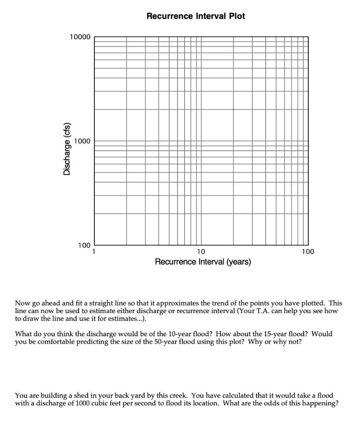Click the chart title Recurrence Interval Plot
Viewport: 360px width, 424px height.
click(196, 16)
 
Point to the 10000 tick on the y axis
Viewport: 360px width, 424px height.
click(80, 37)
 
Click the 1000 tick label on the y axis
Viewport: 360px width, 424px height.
click(82, 141)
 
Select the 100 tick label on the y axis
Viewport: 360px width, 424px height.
click(84, 246)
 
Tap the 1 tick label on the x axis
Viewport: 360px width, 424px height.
click(94, 252)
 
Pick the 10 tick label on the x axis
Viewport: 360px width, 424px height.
click(201, 252)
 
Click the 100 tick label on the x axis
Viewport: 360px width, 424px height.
click(307, 252)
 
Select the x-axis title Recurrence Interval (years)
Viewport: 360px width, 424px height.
click(203, 262)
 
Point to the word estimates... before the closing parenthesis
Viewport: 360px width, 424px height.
click(124, 318)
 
